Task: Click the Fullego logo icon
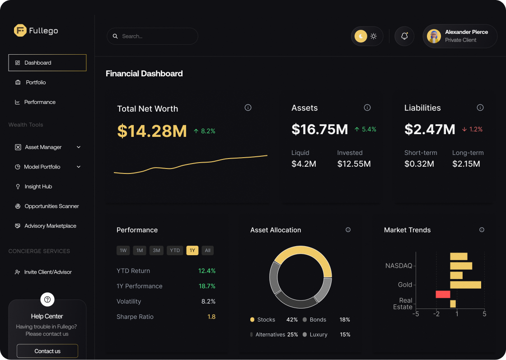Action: coord(20,31)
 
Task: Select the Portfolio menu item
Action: coord(36,83)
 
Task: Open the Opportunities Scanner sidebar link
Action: coord(52,206)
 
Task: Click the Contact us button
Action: coord(47,351)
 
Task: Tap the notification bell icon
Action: coord(404,36)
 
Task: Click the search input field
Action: coord(152,36)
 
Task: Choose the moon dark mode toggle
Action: coord(361,36)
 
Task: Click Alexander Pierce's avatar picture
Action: coord(434,36)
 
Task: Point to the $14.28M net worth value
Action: coord(152,131)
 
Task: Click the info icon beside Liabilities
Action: coord(480,108)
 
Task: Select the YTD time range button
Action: coord(175,251)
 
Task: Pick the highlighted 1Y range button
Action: coord(192,251)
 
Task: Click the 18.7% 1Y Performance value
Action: coord(207,286)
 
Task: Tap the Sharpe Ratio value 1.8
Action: coord(211,317)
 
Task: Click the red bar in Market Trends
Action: coord(443,295)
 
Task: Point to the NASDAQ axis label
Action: coord(398,266)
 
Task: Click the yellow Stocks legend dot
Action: coord(253,320)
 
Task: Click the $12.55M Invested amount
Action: coord(354,164)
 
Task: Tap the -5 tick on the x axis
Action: coord(416,314)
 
